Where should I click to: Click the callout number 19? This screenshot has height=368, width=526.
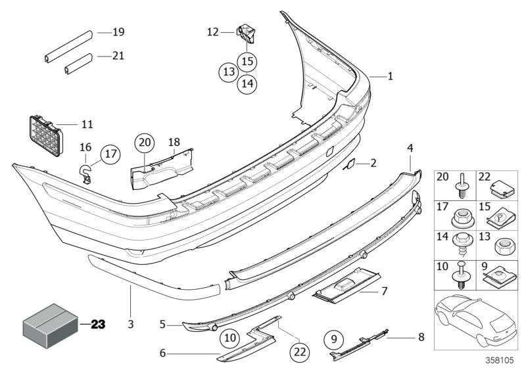coord(118,32)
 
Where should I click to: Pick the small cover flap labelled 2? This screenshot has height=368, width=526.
coord(351,163)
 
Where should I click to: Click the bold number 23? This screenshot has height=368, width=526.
coord(98,324)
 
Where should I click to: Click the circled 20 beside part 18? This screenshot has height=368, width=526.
coord(145,141)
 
